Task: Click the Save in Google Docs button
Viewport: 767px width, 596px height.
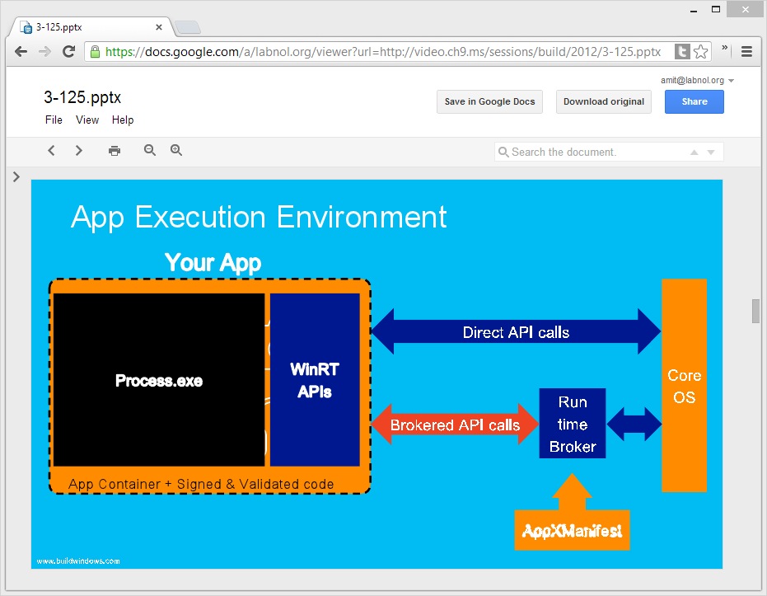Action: (489, 102)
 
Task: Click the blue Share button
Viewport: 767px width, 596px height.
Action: (694, 102)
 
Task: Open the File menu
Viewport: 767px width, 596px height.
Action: (54, 120)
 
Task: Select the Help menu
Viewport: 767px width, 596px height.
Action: (123, 120)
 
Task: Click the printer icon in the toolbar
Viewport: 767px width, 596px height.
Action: (115, 151)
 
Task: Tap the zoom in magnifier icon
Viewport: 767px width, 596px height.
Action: (176, 151)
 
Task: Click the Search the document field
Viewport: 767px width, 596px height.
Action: (593, 153)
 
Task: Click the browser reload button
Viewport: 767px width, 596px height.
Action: (69, 51)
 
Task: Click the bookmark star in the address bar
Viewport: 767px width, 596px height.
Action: (701, 52)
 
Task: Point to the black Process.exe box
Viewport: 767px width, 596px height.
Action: (159, 380)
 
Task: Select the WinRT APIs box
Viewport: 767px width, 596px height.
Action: (315, 380)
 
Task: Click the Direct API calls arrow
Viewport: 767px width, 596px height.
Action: (516, 332)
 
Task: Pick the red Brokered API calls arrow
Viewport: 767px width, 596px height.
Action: (455, 425)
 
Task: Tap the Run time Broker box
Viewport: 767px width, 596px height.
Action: (573, 424)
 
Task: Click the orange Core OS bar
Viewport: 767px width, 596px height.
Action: (684, 386)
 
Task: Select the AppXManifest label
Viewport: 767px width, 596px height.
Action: (572, 531)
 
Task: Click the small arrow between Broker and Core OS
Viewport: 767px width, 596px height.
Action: (634, 425)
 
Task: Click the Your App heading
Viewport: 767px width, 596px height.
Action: (213, 263)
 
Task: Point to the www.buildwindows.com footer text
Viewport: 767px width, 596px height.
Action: (78, 561)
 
